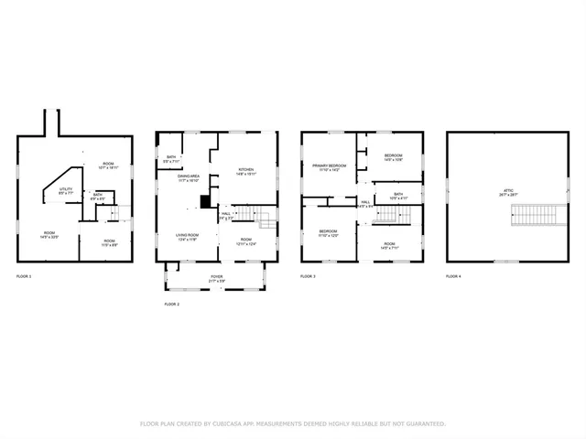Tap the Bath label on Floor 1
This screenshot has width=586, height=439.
(x=97, y=196)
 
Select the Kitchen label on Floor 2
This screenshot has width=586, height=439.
(x=246, y=171)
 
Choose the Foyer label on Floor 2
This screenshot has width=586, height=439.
(x=216, y=277)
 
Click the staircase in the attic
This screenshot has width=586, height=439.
(x=530, y=216)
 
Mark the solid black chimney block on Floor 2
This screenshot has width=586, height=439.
(x=206, y=202)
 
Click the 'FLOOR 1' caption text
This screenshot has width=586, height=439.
(x=25, y=275)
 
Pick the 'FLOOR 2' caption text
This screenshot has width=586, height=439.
(x=172, y=304)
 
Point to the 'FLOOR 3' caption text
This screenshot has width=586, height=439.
(x=309, y=275)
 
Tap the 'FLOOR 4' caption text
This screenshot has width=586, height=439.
(x=454, y=275)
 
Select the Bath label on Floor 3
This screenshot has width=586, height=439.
(x=398, y=195)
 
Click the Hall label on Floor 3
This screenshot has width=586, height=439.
(x=364, y=204)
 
